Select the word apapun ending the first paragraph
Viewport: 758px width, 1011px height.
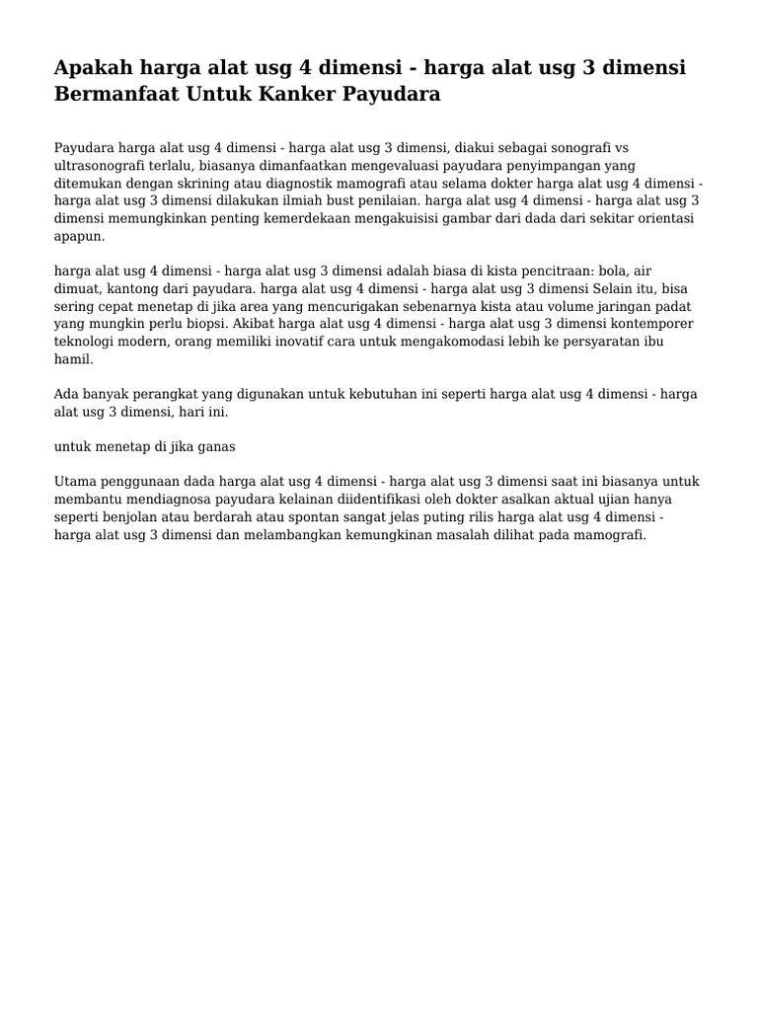click(x=77, y=237)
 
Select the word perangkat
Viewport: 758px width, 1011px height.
click(x=168, y=393)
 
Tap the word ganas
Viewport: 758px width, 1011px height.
click(x=216, y=445)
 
